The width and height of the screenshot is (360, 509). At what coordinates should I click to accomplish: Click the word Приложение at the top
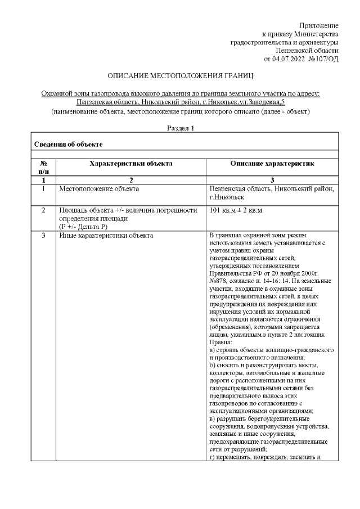[318, 26]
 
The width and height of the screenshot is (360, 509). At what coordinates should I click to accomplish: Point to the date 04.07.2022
[289, 58]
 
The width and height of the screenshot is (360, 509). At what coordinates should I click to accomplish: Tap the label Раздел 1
[181, 128]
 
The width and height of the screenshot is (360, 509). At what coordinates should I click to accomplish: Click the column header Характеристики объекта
[130, 164]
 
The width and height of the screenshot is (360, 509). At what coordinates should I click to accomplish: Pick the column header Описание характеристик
[272, 164]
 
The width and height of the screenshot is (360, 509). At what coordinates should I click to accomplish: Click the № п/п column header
[43, 167]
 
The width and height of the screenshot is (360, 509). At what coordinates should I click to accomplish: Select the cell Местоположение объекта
[99, 189]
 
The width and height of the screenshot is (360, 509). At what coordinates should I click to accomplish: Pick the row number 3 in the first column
[43, 235]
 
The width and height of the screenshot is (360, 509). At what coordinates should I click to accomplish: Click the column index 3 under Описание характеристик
[272, 180]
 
